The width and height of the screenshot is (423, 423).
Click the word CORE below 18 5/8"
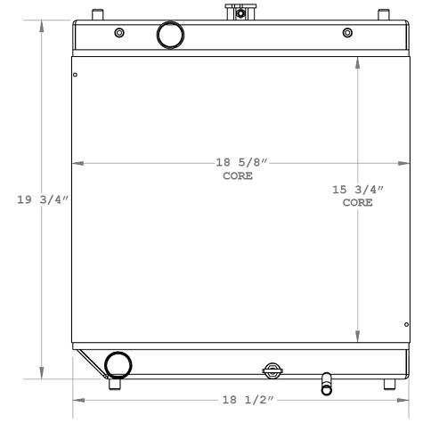238,176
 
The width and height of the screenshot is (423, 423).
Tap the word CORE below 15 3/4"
357,203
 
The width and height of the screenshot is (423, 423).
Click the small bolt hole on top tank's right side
347,33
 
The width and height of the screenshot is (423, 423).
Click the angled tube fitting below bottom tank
327,382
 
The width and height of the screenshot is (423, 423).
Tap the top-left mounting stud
96,14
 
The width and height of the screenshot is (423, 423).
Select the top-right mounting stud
384,14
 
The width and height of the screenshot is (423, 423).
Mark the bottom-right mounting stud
387,384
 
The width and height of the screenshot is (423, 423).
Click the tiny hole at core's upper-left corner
76,75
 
